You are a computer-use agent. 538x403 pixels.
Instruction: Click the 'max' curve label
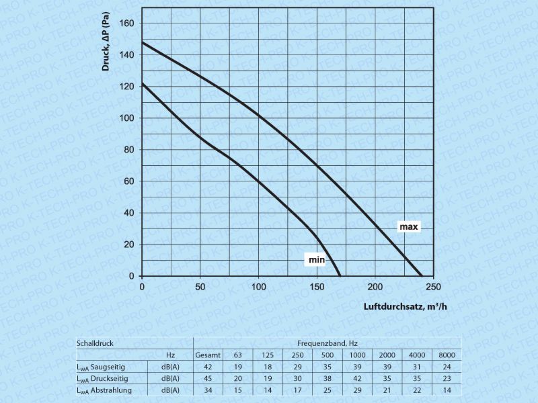[409, 227]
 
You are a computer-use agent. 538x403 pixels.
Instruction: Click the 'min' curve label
[317, 259]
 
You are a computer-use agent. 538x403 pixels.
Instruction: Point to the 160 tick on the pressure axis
[128, 24]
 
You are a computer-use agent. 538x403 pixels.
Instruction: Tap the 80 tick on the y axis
[130, 150]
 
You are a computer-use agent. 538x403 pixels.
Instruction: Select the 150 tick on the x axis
[317, 287]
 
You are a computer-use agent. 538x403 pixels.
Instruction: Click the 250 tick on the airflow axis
[434, 287]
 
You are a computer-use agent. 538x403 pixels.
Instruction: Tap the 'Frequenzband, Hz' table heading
[328, 343]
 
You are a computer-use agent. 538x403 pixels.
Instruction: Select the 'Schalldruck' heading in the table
[95, 343]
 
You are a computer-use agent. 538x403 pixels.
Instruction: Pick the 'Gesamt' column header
[208, 355]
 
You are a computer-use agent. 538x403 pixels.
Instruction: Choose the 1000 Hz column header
[358, 355]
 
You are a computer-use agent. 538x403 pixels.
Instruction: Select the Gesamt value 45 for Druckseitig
[208, 379]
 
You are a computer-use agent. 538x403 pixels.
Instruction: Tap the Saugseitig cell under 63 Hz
[237, 367]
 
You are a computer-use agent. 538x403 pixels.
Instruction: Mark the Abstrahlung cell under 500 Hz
[328, 390]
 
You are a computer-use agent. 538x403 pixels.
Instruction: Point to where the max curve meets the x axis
[422, 276]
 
